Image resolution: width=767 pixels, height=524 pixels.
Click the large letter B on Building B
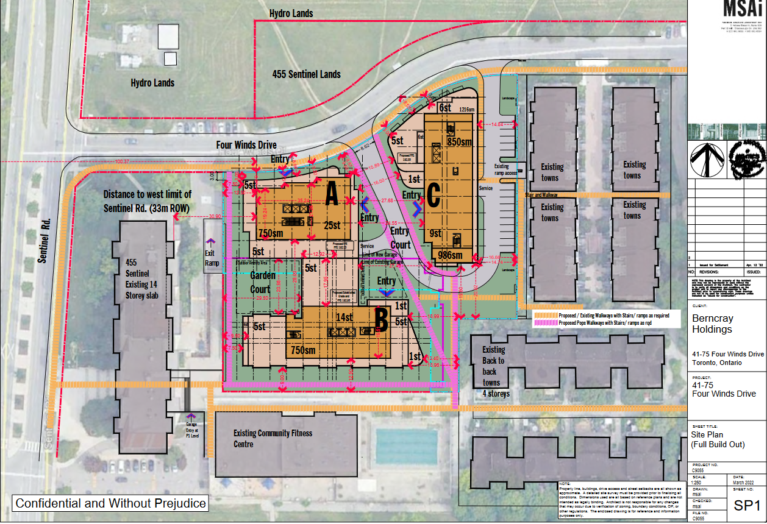click(x=380, y=317)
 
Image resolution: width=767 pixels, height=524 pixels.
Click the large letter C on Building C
click(x=433, y=196)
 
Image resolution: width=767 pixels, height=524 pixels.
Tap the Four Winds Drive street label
click(x=246, y=145)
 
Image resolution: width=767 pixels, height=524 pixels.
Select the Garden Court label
click(x=260, y=282)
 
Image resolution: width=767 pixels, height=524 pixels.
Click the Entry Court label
click(x=400, y=238)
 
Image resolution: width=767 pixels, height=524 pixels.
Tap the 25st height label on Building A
click(x=332, y=225)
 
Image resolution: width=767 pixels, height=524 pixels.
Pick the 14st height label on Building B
click(x=343, y=317)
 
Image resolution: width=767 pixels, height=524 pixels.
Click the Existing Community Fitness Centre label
click(x=273, y=438)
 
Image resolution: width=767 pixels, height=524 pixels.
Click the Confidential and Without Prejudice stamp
click(x=111, y=503)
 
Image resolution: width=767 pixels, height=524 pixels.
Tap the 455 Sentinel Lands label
click(x=306, y=74)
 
